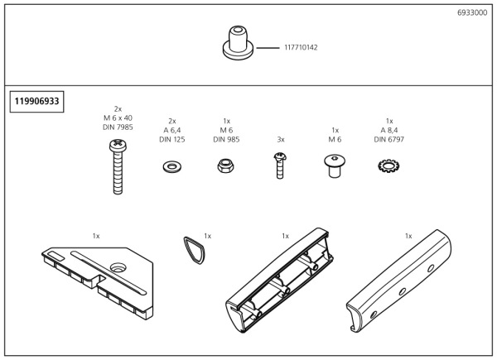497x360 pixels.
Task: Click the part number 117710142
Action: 301,48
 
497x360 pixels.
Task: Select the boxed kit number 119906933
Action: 36,102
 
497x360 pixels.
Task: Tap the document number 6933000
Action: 472,14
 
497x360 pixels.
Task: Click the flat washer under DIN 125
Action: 172,166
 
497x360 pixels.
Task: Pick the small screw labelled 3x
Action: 281,166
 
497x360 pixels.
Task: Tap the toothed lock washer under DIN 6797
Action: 388,166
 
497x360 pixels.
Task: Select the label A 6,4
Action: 172,129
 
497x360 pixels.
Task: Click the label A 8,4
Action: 389,129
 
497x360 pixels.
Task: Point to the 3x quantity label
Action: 281,140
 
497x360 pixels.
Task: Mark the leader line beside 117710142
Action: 268,48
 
